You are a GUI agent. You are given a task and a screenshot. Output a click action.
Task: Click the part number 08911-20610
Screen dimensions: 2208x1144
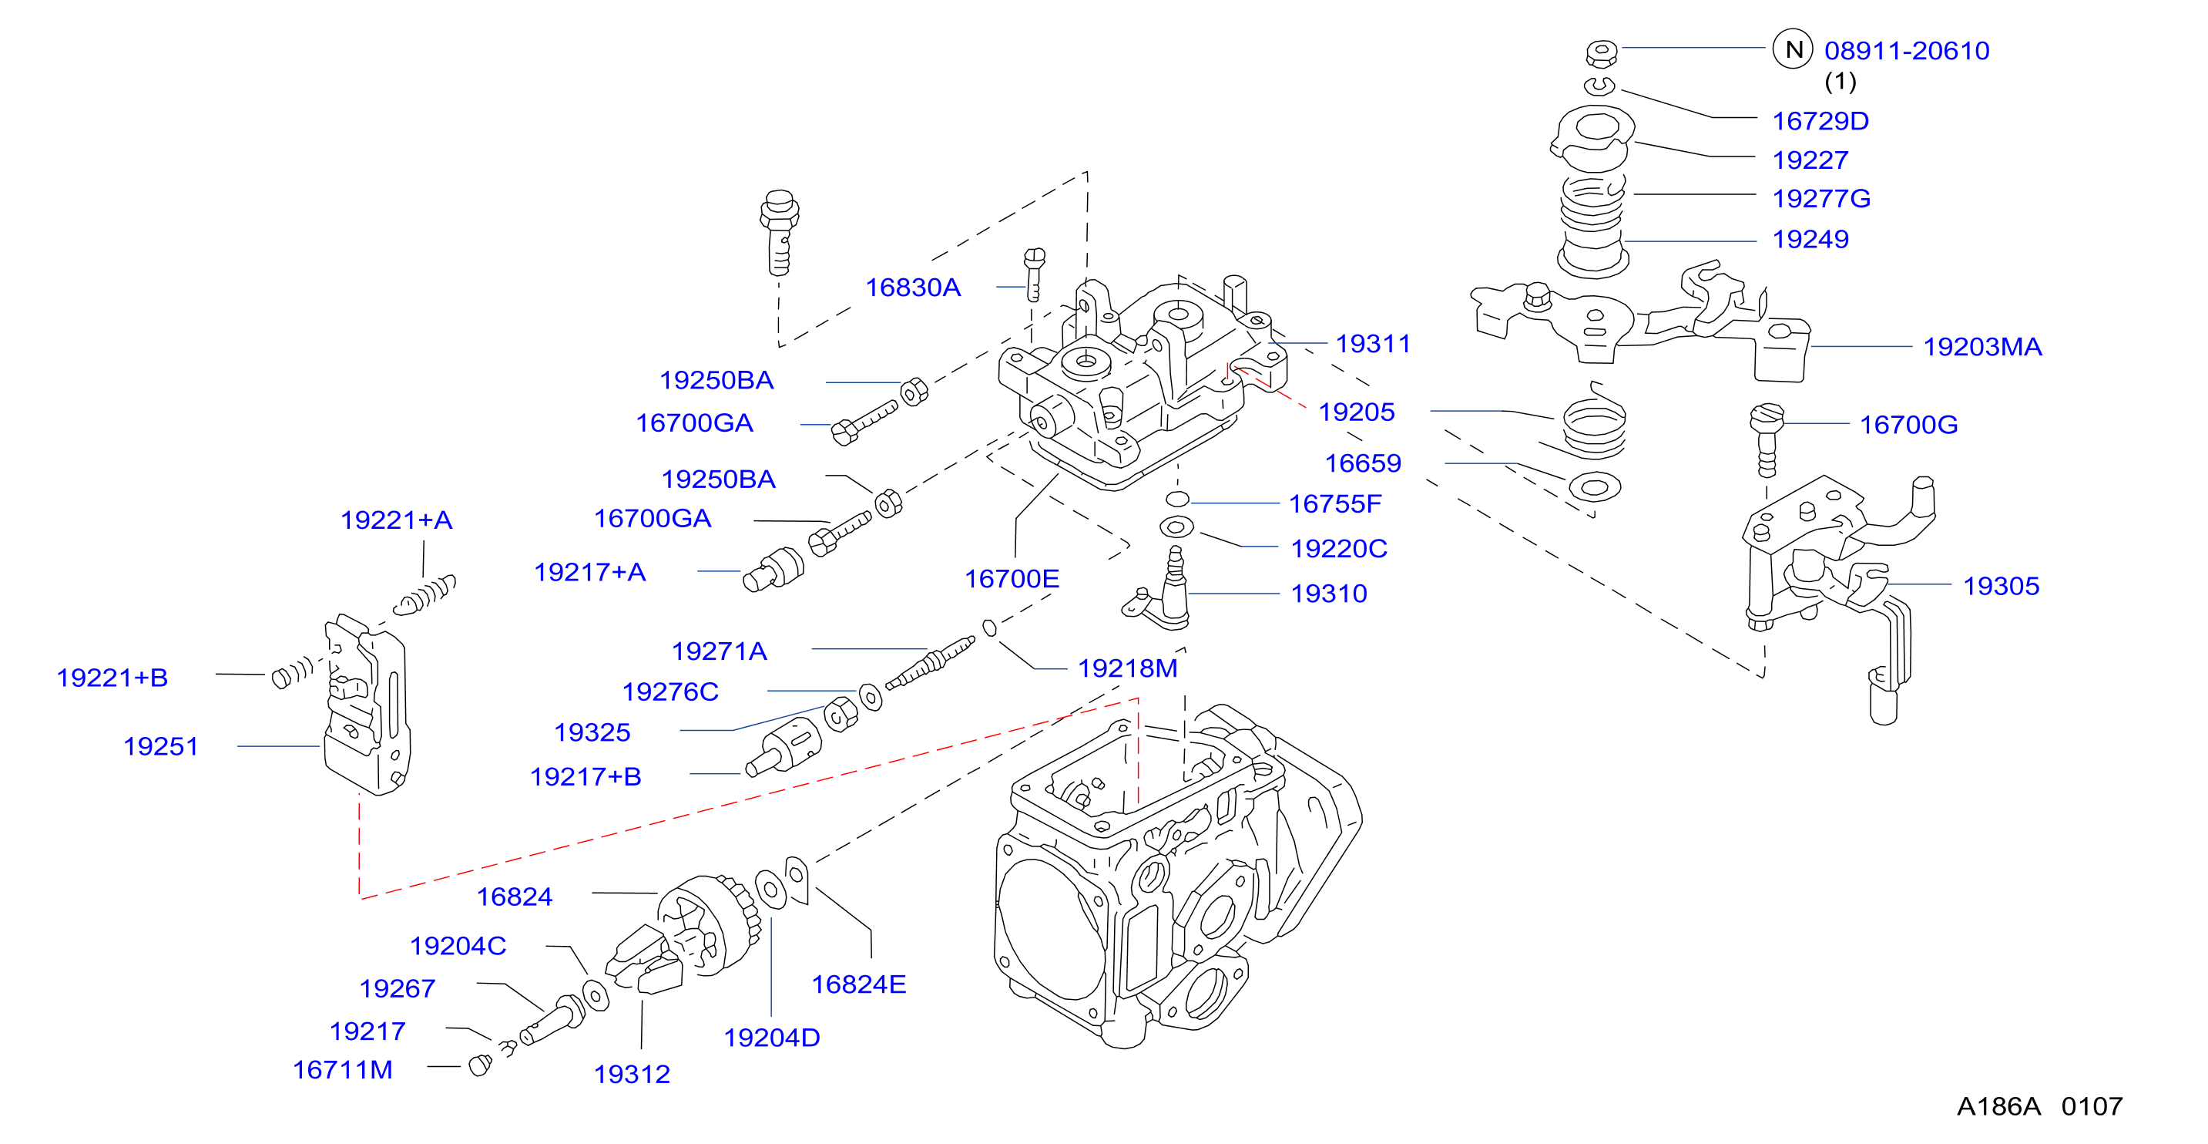[1906, 51]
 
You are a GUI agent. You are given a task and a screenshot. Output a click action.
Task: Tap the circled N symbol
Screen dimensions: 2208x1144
[1792, 50]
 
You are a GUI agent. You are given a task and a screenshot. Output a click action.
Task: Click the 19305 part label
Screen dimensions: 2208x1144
[2002, 586]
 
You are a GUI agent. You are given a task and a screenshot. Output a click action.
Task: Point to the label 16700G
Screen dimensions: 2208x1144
[1909, 425]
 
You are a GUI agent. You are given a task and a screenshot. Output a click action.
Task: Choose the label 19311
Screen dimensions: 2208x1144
[1373, 343]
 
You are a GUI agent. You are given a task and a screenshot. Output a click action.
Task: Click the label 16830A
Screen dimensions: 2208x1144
[913, 288]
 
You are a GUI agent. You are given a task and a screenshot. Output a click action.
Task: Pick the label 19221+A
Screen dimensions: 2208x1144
[396, 520]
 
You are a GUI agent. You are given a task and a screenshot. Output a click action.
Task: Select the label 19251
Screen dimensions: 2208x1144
[160, 746]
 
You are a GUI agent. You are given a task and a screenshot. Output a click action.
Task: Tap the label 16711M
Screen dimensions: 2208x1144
[343, 1069]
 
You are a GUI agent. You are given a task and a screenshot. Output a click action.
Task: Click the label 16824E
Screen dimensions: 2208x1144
[859, 984]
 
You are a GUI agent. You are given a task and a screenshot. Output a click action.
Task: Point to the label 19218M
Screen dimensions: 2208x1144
[1127, 668]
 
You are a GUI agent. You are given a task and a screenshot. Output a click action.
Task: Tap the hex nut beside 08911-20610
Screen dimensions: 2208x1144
[1601, 53]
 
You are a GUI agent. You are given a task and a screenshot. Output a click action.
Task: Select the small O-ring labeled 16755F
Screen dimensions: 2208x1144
[1178, 499]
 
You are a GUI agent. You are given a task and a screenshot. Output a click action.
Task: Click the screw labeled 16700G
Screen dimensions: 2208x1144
[1767, 440]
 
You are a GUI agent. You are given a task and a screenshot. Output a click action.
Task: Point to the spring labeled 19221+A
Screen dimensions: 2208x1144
[424, 595]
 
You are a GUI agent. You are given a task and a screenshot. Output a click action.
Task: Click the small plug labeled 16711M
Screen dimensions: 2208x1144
[480, 1065]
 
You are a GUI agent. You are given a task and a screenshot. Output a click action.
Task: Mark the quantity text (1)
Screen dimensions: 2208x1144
[1841, 82]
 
